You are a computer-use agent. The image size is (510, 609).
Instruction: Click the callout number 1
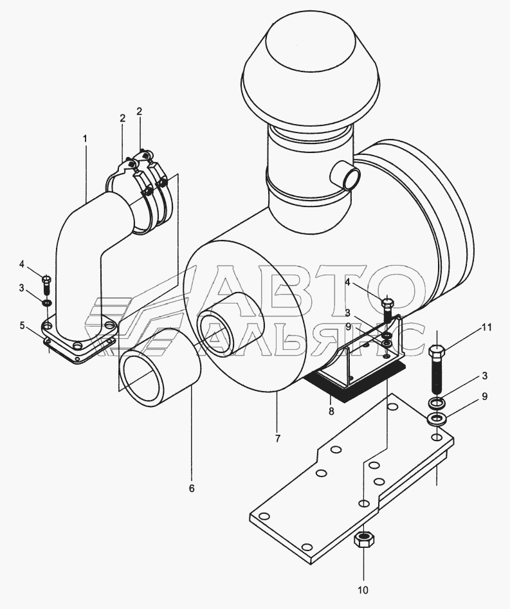coord(85,139)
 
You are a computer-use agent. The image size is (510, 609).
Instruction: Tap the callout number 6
coord(192,488)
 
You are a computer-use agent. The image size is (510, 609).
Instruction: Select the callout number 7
coord(277,439)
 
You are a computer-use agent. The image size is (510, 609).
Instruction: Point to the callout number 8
coord(331,411)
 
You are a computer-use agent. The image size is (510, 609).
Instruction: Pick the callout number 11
coord(487,327)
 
